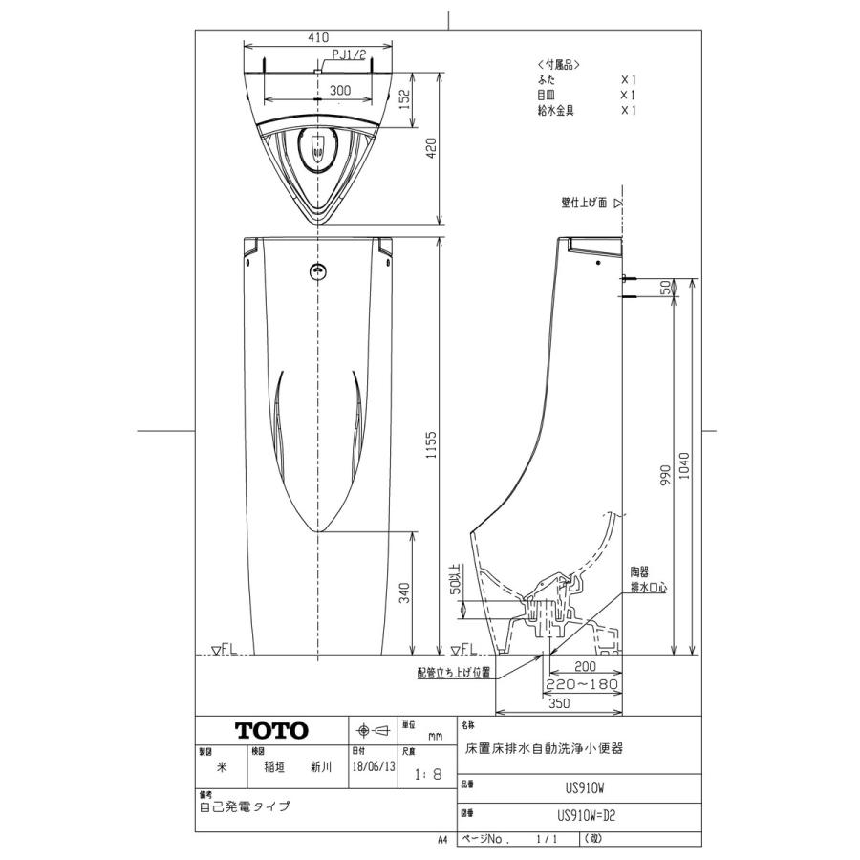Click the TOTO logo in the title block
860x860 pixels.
pos(272,731)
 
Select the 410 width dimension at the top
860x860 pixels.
pos(319,37)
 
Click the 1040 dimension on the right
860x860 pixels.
pos(685,465)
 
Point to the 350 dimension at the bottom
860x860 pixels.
pos(560,704)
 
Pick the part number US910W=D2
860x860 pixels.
pos(591,816)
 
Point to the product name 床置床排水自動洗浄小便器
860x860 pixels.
pos(544,750)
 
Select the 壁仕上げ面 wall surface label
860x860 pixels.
pos(585,203)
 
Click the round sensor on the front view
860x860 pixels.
pos(316,272)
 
